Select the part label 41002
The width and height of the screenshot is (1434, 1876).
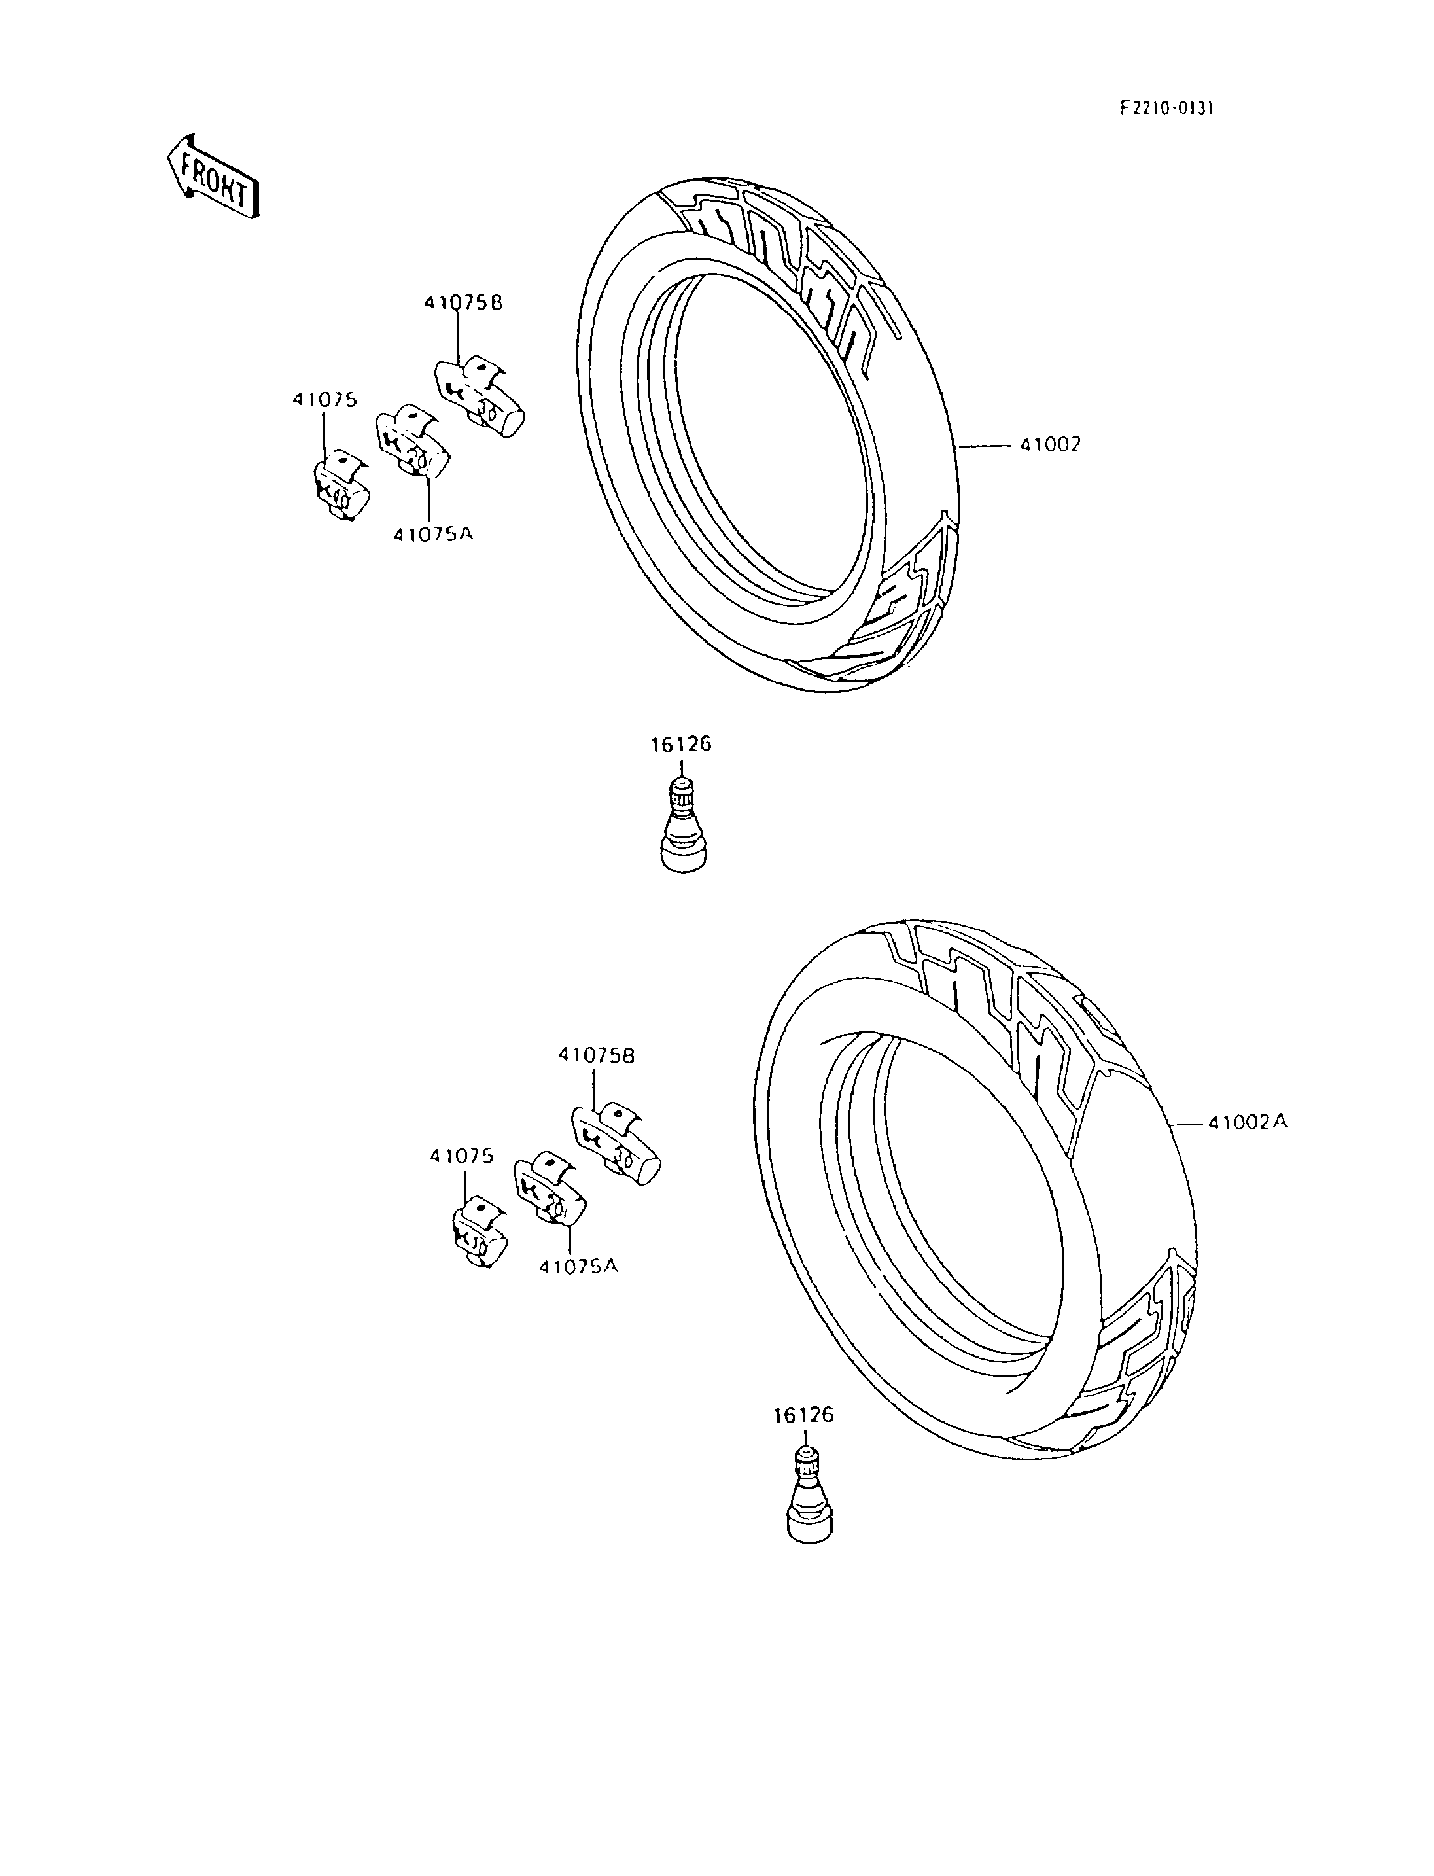tap(1049, 445)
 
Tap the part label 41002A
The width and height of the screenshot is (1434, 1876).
tap(1247, 1123)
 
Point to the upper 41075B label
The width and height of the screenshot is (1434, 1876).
tap(463, 302)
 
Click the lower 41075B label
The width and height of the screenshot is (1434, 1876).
tap(596, 1055)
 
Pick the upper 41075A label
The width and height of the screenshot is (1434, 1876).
tap(433, 534)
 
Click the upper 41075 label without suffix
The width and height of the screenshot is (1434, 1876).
tap(324, 400)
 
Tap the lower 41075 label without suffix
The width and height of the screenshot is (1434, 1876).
tap(462, 1156)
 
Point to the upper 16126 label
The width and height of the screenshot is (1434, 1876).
tap(681, 745)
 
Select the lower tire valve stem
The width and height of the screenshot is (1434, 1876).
tap(807, 1495)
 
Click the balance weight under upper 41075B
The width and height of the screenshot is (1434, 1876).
tap(480, 395)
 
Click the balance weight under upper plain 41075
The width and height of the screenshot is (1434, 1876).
tap(340, 484)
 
